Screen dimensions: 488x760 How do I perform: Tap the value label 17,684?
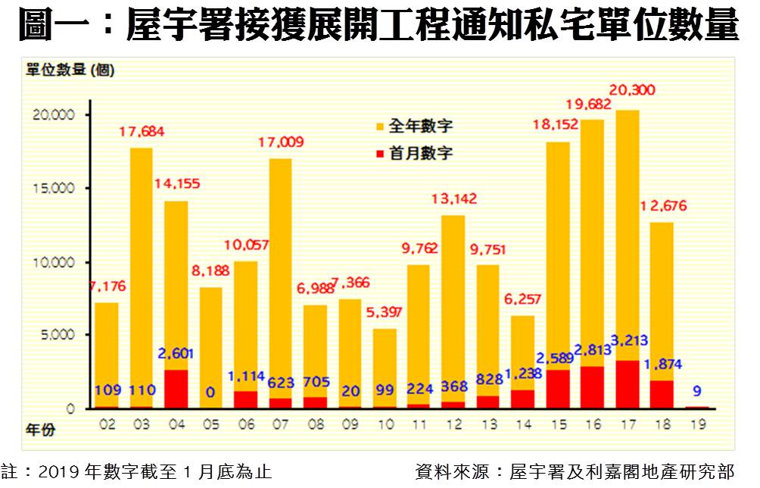(x=142, y=132)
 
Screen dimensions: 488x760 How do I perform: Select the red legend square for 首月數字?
(x=380, y=153)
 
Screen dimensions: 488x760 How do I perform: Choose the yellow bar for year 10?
(x=384, y=367)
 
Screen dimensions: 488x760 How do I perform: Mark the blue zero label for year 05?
(x=210, y=391)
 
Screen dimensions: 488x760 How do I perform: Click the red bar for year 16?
(x=592, y=387)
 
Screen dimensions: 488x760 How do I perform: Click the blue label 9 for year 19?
(x=696, y=391)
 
